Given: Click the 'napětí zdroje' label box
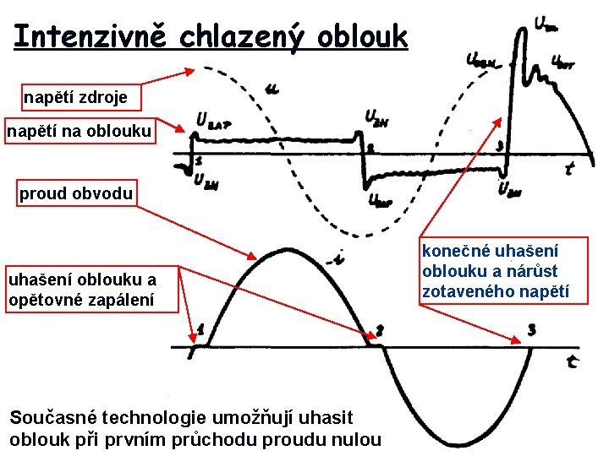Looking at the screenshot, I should click(75, 97).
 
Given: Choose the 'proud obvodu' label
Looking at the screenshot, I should click(76, 194).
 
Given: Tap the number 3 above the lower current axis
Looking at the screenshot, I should click(531, 329).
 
